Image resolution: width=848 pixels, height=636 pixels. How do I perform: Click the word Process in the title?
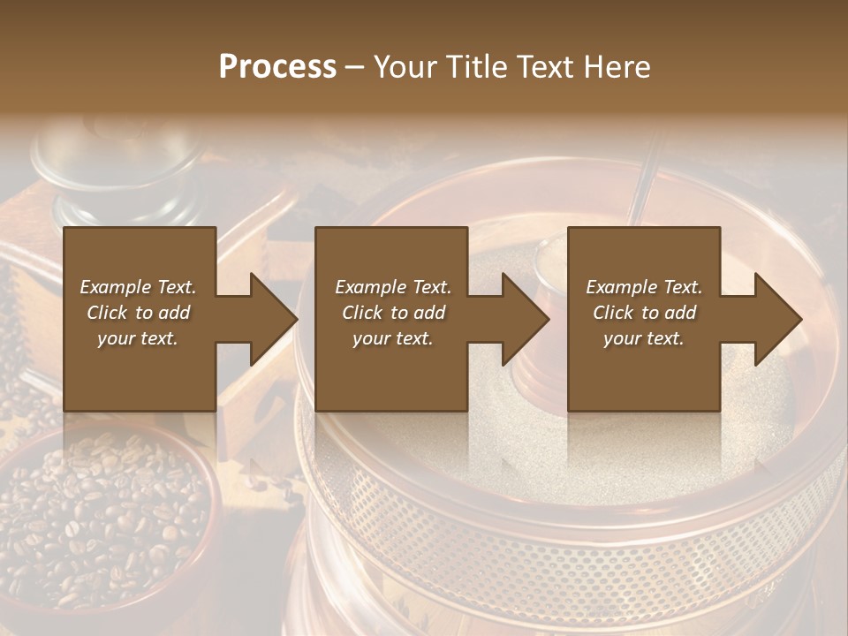tap(277, 67)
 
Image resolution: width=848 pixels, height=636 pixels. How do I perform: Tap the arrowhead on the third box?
tap(775, 319)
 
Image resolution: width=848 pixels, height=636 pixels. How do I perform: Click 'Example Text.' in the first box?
tap(138, 287)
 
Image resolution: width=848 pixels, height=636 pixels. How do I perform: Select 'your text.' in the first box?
tap(138, 338)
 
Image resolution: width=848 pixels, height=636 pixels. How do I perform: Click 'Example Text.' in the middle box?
tap(392, 287)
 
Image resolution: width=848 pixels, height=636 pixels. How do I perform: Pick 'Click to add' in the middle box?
tap(392, 313)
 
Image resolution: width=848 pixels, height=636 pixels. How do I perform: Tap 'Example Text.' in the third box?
tap(644, 287)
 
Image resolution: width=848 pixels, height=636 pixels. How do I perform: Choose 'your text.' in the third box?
tap(644, 338)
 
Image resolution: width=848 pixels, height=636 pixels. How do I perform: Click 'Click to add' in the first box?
tap(138, 313)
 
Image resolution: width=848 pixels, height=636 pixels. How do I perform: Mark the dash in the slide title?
tap(355, 67)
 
